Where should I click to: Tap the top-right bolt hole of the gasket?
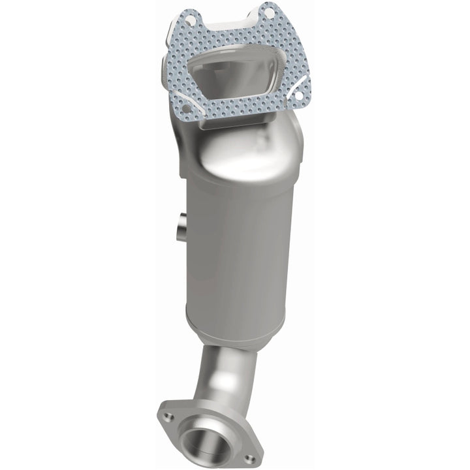pos(268,11)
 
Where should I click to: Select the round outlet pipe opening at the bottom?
pos(205,441)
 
